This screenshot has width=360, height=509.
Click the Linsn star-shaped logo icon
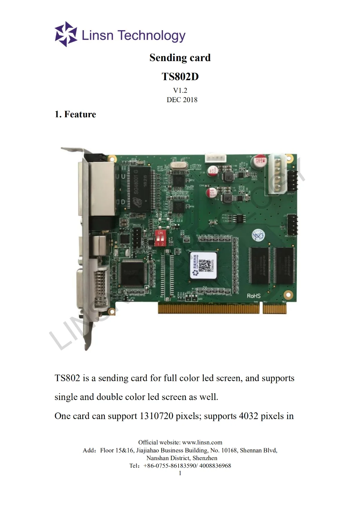[x=66, y=34]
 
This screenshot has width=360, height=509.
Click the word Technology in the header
[x=152, y=36]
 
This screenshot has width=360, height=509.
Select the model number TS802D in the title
[x=180, y=77]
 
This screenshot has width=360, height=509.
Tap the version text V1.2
[x=180, y=90]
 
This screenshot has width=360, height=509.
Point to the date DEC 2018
[x=182, y=100]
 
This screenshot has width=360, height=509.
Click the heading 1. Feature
[x=75, y=114]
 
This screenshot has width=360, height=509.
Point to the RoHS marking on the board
[x=253, y=296]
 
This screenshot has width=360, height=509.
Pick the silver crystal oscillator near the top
[x=179, y=165]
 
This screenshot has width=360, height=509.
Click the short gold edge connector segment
[x=274, y=308]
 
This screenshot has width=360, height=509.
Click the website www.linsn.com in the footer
[x=202, y=442]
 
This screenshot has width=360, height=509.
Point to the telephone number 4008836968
[x=215, y=465]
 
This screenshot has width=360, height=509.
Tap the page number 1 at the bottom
[x=180, y=473]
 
